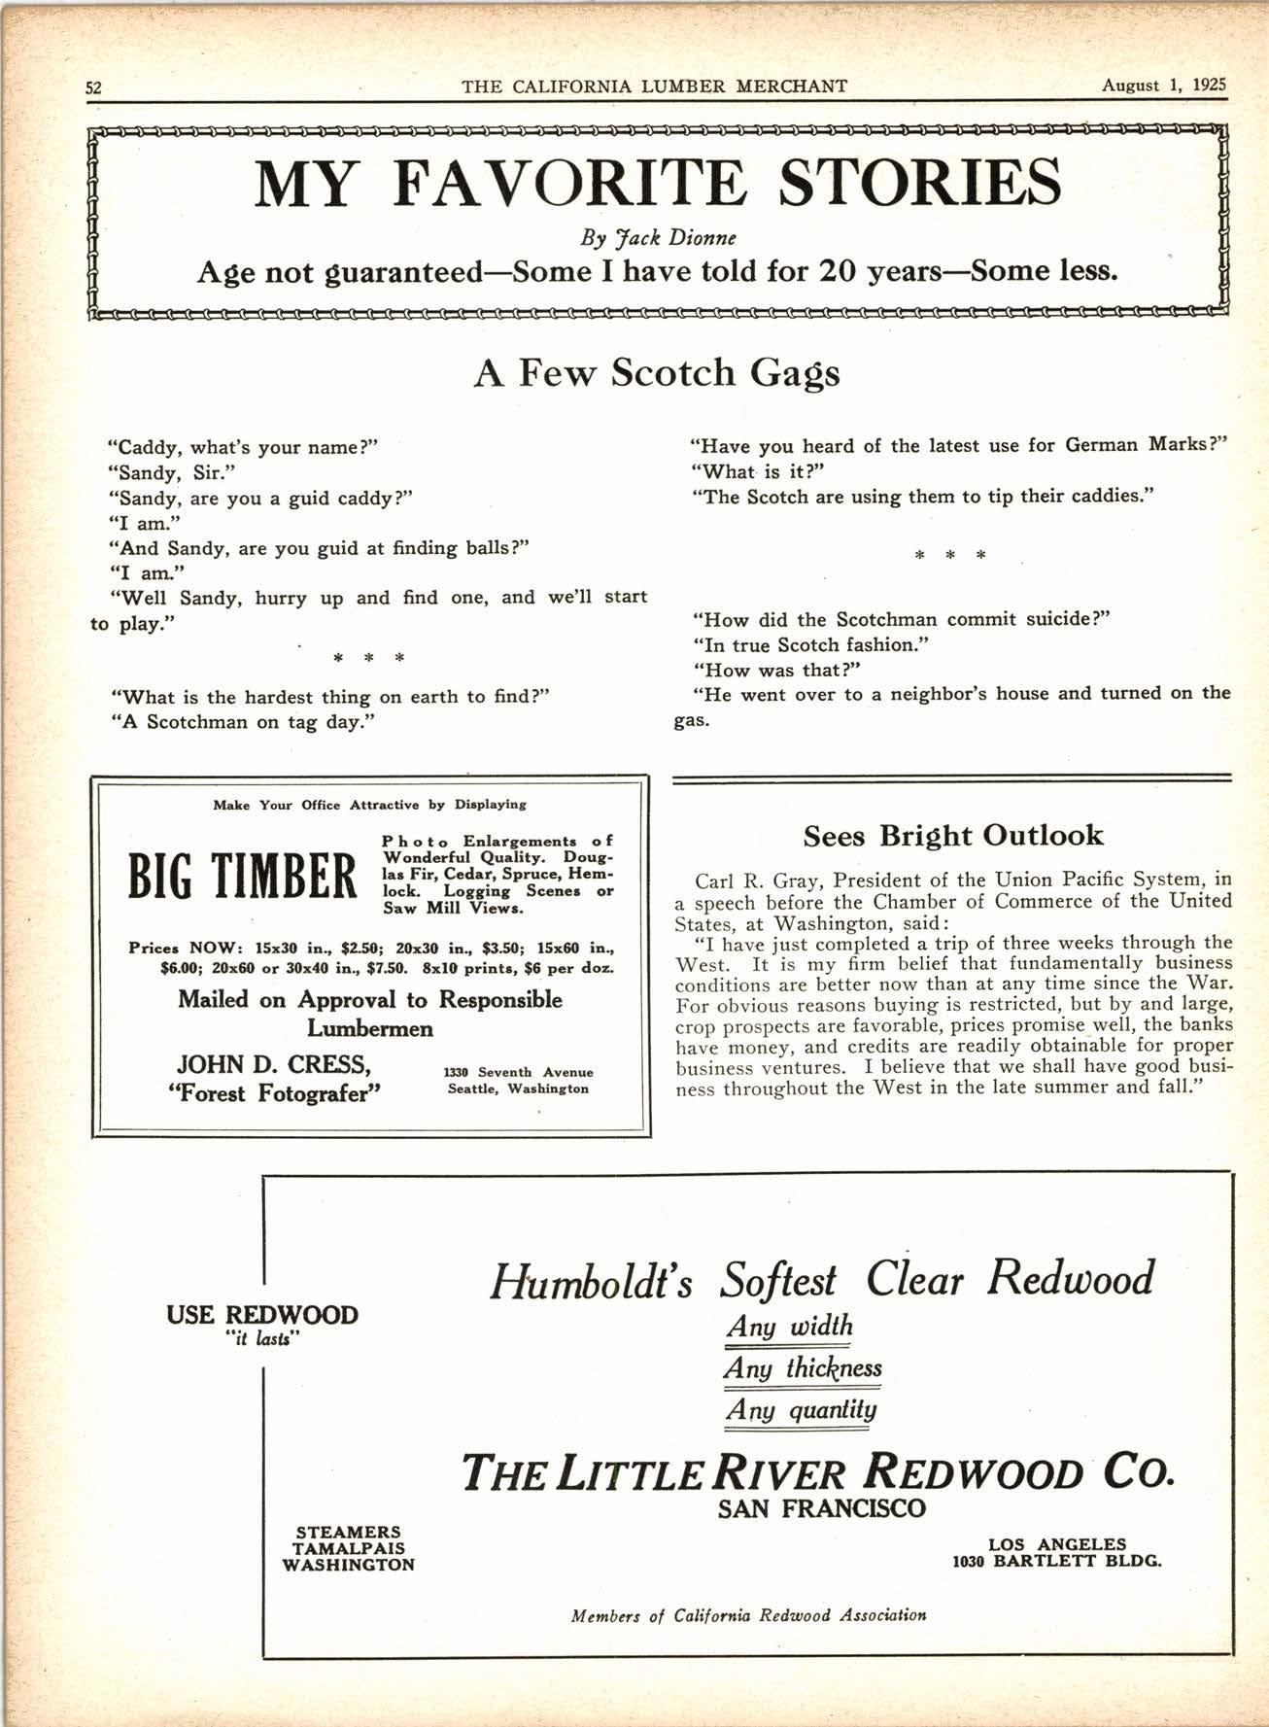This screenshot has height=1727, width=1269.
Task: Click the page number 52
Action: pyautogui.click(x=94, y=86)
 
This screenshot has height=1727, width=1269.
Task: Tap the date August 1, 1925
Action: pyautogui.click(x=1164, y=85)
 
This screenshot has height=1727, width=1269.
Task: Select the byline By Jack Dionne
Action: pyautogui.click(x=657, y=238)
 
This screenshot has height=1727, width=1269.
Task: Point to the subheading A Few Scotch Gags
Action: pyautogui.click(x=657, y=373)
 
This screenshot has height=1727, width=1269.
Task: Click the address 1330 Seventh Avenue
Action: pyautogui.click(x=518, y=1072)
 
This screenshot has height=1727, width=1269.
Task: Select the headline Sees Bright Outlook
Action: pyautogui.click(x=952, y=836)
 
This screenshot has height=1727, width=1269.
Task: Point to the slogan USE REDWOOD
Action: pyautogui.click(x=262, y=1315)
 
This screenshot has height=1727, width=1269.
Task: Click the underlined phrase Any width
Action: pyautogui.click(x=788, y=1326)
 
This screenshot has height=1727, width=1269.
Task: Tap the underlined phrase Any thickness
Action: pyautogui.click(x=803, y=1368)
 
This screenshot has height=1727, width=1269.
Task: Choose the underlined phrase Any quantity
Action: pyautogui.click(x=801, y=1409)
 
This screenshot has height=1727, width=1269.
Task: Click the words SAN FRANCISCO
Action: pyautogui.click(x=821, y=1509)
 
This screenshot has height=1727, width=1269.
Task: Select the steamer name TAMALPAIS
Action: pyautogui.click(x=349, y=1548)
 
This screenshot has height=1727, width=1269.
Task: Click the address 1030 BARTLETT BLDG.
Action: pyautogui.click(x=1056, y=1562)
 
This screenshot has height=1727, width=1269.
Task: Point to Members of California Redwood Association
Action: pyautogui.click(x=748, y=1615)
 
